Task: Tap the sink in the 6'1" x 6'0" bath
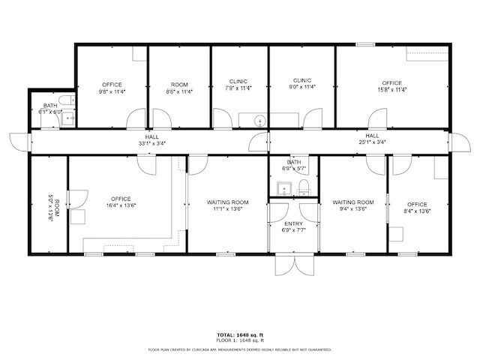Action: [67, 117]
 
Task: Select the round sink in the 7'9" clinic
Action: [259, 119]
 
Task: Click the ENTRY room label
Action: [293, 223]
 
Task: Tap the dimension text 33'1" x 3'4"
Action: [151, 143]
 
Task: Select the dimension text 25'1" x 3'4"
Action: [372, 143]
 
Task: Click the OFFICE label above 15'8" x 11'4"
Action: [391, 83]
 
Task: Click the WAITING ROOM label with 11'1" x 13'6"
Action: [228, 202]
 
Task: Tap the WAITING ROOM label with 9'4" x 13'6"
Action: [353, 202]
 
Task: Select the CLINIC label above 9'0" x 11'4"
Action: [302, 80]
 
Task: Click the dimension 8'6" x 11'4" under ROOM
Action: [179, 91]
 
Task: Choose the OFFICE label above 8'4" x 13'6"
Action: [417, 205]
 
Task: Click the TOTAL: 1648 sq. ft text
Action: [239, 334]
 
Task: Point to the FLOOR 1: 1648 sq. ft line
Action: [239, 340]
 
